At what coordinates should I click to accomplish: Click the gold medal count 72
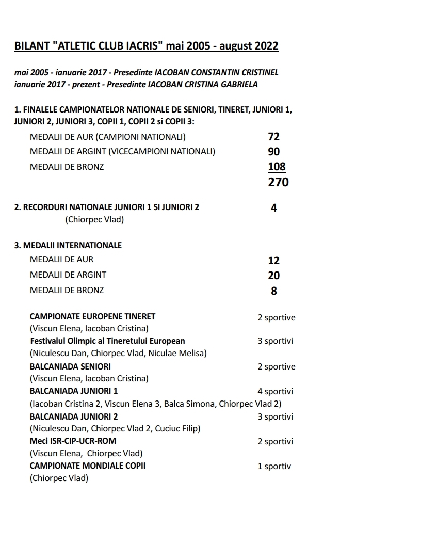click(x=273, y=137)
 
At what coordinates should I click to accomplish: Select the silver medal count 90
click(x=273, y=152)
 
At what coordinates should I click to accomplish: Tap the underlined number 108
click(x=277, y=167)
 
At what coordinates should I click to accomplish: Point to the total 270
click(x=278, y=182)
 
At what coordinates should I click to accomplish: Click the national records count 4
click(x=274, y=208)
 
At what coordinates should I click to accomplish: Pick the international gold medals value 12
click(x=273, y=261)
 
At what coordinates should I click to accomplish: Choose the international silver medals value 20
click(x=273, y=276)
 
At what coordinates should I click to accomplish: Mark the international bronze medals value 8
click(x=274, y=291)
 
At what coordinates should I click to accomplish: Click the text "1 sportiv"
click(x=274, y=467)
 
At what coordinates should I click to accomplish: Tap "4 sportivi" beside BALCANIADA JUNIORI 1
click(x=275, y=392)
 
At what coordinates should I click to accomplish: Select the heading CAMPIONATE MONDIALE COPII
click(x=88, y=466)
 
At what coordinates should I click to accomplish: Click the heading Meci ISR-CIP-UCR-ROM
click(x=73, y=441)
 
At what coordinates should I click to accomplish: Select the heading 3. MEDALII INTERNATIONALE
click(x=68, y=245)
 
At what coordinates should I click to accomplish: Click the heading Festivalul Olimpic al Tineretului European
click(x=107, y=341)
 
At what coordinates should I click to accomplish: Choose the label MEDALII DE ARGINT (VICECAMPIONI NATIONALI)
click(x=122, y=152)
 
